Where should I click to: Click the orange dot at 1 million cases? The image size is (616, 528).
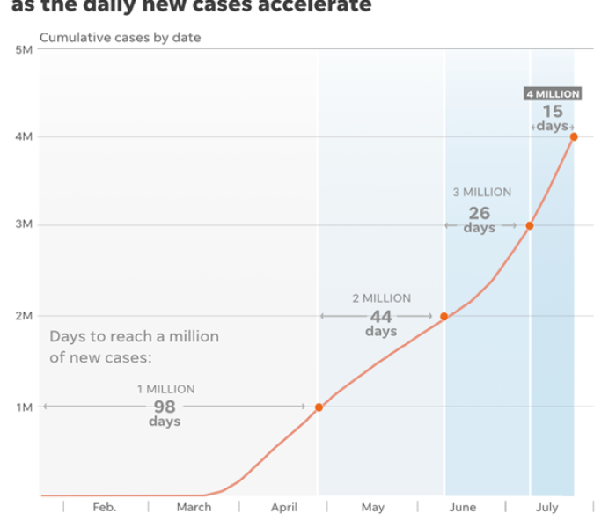319,407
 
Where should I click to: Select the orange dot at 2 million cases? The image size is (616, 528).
444,317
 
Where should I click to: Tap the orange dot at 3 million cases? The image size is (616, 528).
530,226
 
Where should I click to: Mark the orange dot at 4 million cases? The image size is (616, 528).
574,136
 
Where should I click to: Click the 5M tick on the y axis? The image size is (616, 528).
24,50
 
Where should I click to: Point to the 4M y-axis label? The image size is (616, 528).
24,136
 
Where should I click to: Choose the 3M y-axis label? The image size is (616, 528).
24,224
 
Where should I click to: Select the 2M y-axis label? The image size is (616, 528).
24,316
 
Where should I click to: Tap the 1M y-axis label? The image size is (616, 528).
24,407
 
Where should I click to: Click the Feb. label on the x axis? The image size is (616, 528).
104,508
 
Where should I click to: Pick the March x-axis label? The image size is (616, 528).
194,508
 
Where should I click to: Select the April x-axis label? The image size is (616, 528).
284,508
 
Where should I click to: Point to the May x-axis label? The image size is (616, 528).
372,508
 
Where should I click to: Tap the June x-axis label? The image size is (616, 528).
462,508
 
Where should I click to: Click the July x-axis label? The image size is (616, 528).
547,508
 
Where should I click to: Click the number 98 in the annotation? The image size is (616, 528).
165,407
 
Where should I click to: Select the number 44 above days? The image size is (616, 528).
380,316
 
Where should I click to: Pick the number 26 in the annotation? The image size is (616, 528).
480,213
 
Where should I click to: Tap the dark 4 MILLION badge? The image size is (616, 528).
553,94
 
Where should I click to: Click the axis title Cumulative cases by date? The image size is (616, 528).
120,37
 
